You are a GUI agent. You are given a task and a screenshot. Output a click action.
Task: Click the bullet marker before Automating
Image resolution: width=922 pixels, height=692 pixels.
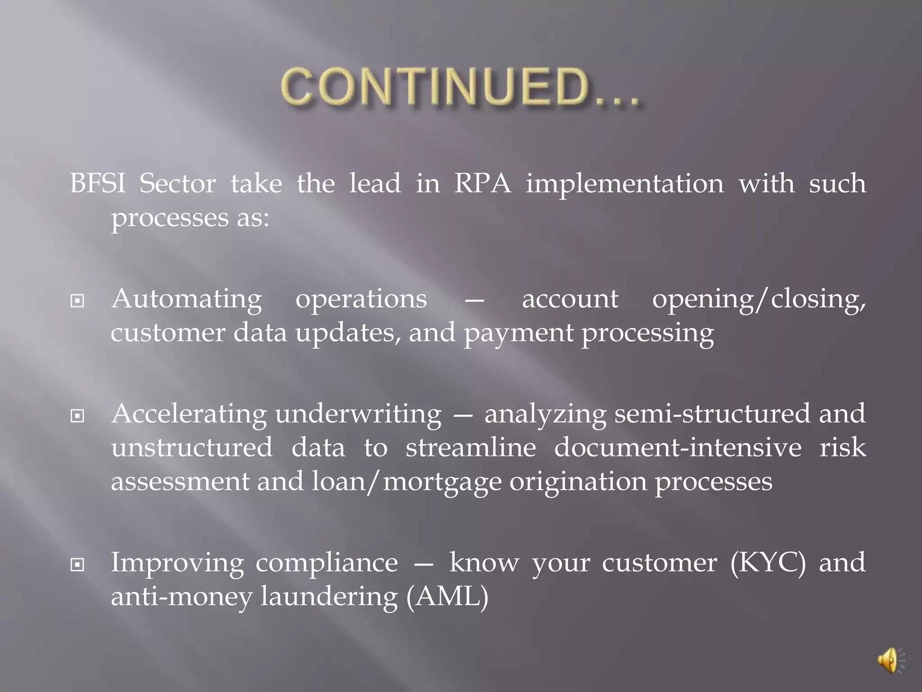click(77, 300)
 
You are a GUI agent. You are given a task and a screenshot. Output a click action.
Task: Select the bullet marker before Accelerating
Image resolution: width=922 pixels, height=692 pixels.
click(77, 416)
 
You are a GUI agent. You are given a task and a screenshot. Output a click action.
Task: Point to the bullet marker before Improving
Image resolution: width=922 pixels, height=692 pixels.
click(77, 564)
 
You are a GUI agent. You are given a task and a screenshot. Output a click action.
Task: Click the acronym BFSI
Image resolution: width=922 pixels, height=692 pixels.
click(98, 184)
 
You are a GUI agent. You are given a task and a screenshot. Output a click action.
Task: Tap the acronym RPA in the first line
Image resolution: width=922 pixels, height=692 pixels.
click(483, 184)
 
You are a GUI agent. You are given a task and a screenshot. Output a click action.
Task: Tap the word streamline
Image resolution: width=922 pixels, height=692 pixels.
click(471, 448)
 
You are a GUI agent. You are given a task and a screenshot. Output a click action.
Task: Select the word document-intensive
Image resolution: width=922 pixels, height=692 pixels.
click(678, 448)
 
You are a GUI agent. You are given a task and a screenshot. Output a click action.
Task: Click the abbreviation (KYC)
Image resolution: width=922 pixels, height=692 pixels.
click(768, 563)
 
